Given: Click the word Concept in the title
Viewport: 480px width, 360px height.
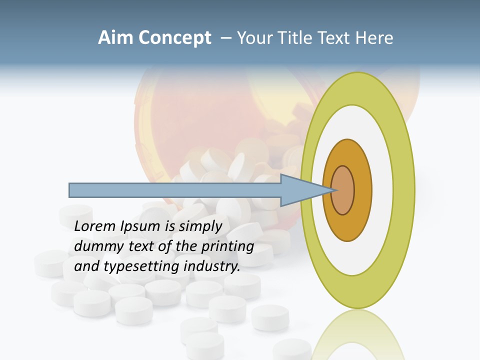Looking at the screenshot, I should [x=175, y=37].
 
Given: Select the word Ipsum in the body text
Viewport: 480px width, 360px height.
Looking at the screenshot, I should [x=140, y=226].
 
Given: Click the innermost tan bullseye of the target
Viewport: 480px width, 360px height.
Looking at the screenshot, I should [x=342, y=190].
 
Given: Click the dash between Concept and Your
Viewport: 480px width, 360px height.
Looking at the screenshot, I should [x=225, y=38].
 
